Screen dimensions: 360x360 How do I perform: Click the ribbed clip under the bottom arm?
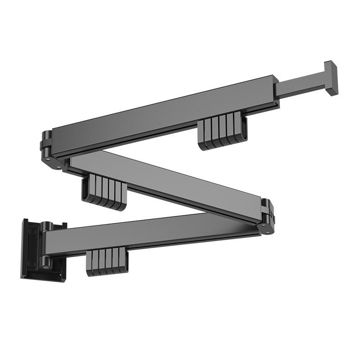[107, 262]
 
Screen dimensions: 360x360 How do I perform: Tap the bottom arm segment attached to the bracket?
[148, 236]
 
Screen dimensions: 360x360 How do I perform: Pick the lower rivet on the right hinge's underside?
[268, 232]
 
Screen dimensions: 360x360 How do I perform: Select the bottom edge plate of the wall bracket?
[43, 275]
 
